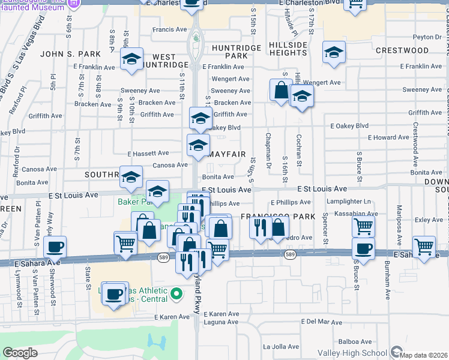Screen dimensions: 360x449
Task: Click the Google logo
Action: [20, 353]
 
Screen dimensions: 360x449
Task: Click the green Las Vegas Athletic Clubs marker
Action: [176, 294]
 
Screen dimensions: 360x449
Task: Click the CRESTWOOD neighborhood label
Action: [396, 51]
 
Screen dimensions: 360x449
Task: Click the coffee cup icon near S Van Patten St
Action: [55, 247]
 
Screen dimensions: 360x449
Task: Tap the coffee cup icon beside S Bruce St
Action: [363, 248]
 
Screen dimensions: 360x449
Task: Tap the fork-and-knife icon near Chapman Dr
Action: [261, 228]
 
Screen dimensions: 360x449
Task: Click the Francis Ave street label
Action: [170, 29]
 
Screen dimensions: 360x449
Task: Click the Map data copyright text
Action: [424, 354]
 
